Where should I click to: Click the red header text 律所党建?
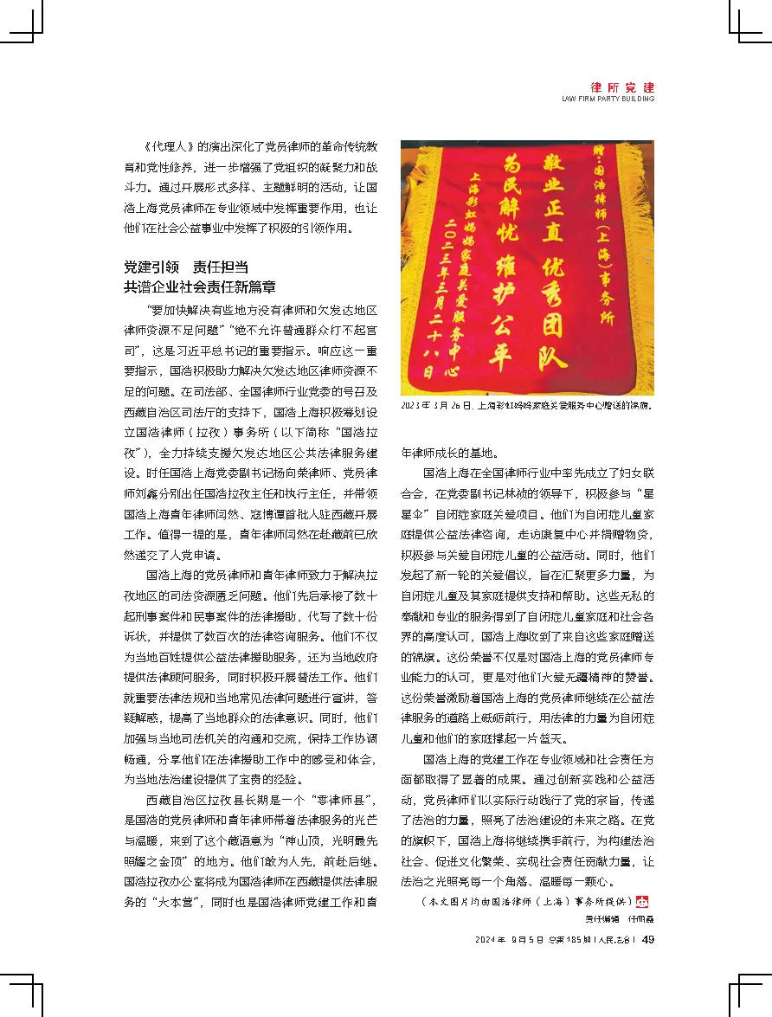pyautogui.click(x=622, y=87)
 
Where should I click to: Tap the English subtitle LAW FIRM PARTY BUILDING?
pyautogui.click(x=608, y=100)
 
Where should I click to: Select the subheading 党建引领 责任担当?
pyautogui.click(x=187, y=267)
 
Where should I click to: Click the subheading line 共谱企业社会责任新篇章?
pyautogui.click(x=200, y=286)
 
